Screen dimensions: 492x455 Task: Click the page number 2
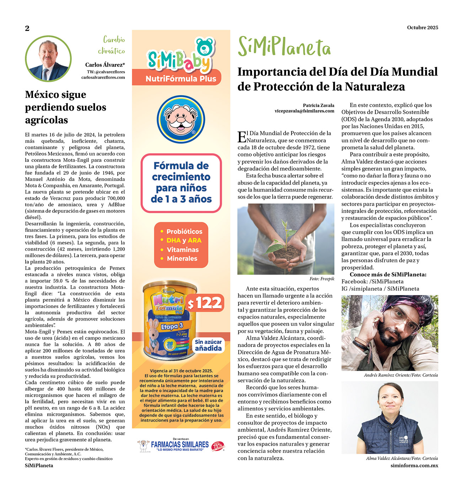27,28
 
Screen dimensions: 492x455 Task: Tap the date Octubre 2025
422,27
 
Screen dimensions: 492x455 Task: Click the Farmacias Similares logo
181,445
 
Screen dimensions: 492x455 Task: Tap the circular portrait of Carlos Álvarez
48,59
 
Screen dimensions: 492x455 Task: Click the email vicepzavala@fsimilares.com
304,111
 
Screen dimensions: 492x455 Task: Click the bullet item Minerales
182,259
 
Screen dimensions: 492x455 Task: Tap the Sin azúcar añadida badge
208,345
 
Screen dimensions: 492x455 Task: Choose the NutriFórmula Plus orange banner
181,79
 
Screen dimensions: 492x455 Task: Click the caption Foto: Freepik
322,279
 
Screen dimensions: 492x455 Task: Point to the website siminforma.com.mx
414,465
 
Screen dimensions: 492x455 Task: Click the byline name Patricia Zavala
318,105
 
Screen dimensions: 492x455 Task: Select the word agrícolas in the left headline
47,120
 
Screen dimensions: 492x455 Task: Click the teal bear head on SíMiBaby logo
204,47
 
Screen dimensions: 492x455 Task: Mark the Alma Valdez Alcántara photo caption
402,458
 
